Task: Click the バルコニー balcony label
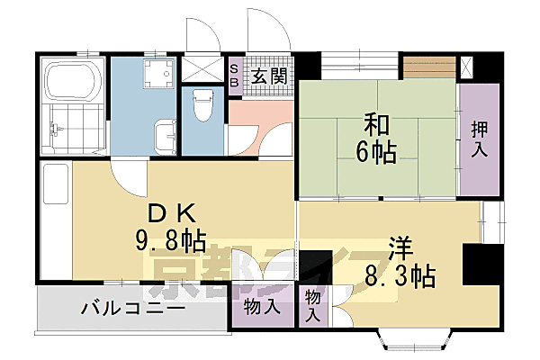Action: tap(133, 310)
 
